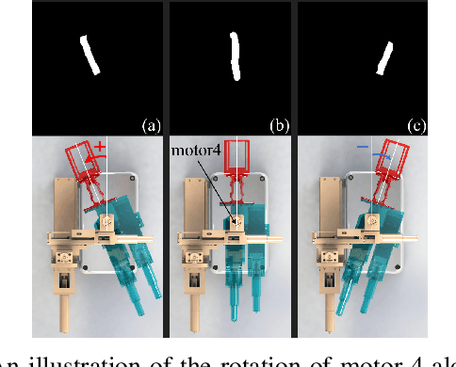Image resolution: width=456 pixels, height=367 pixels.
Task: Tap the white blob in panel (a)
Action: pos(90,55)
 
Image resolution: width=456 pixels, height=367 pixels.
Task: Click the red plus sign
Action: pos(100,145)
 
